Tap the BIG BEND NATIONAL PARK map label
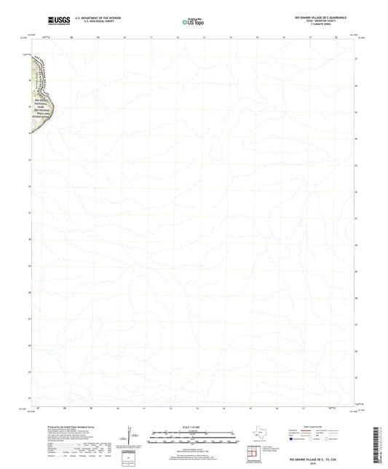coord(41,109)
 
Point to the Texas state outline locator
coord(260,435)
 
